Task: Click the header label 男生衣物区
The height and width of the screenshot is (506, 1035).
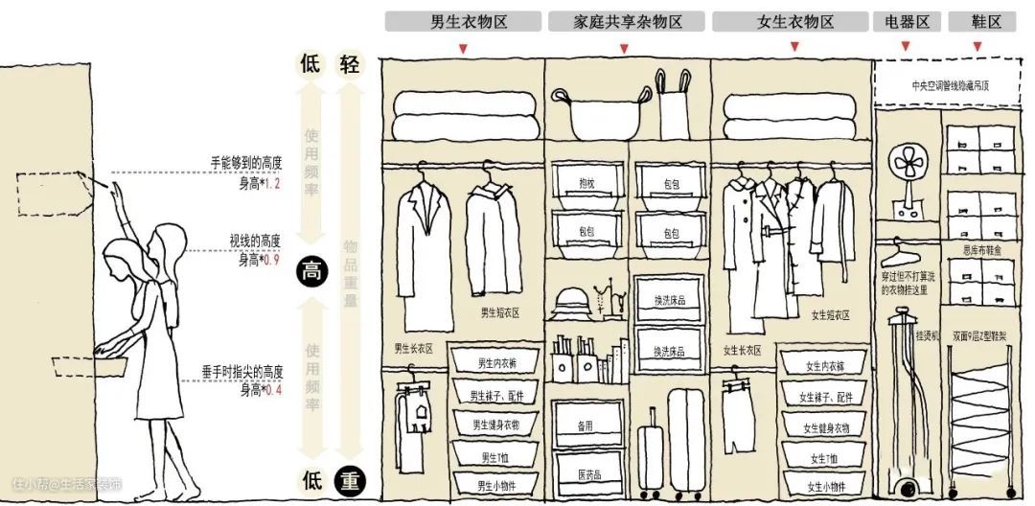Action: (463, 22)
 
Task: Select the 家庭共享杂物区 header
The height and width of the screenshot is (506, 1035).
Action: (628, 22)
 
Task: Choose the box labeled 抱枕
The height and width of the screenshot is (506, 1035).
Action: (586, 183)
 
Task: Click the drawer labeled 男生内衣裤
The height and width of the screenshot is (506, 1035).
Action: (497, 364)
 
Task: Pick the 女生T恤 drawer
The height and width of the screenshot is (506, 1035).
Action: (825, 458)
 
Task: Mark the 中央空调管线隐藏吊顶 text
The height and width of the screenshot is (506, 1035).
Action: (950, 85)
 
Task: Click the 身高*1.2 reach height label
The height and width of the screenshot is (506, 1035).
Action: (259, 183)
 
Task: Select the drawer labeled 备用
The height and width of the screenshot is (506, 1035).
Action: (586, 425)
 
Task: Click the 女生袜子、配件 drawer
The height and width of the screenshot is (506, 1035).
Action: (825, 396)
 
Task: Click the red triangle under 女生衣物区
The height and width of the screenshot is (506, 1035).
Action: (790, 49)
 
